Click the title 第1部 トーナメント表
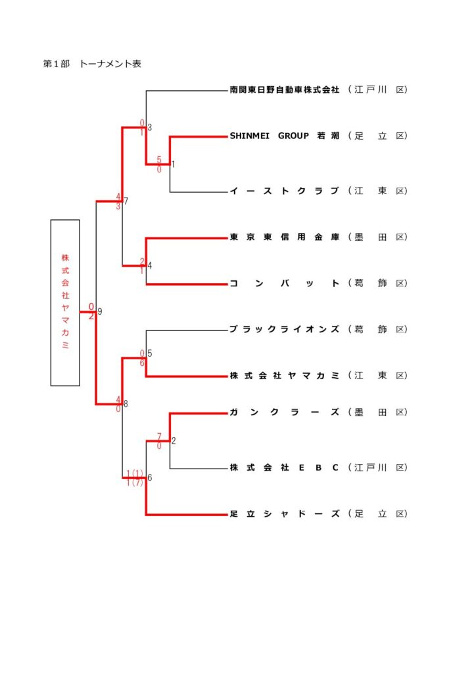[92, 64]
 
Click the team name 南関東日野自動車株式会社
[284, 89]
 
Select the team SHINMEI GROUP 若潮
[284, 136]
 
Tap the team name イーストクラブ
[284, 191]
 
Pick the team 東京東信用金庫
[284, 237]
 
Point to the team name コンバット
[284, 283]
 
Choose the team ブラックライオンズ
[284, 329]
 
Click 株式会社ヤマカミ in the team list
[284, 375]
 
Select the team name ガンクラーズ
[284, 412]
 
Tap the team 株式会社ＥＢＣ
[284, 467]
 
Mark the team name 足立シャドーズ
[284, 513]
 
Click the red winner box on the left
[65, 302]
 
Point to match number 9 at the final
[100, 311]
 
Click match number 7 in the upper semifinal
[126, 201]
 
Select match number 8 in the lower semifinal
[126, 403]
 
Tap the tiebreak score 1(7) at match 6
[135, 483]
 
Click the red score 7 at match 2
[159, 436]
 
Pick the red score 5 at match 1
[159, 159]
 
